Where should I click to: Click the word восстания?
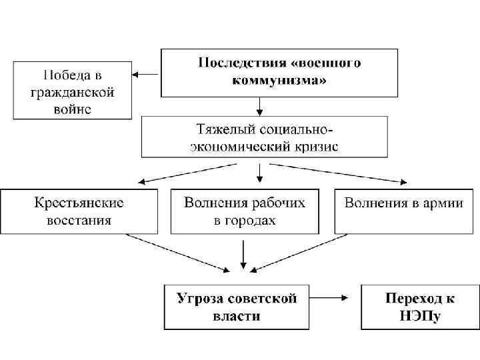tap(79, 220)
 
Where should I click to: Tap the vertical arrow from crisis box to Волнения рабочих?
tap(259, 172)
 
